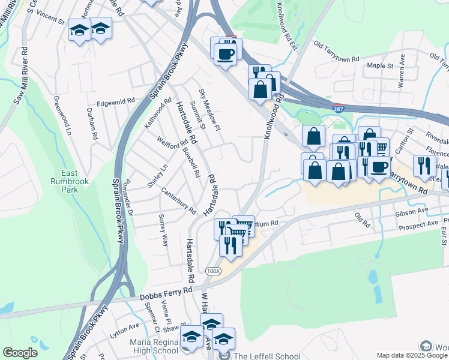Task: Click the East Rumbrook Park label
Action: click(66, 181)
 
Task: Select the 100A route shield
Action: click(212, 271)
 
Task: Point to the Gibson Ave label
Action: click(412, 212)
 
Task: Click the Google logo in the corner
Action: click(20, 353)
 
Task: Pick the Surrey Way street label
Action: click(163, 230)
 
